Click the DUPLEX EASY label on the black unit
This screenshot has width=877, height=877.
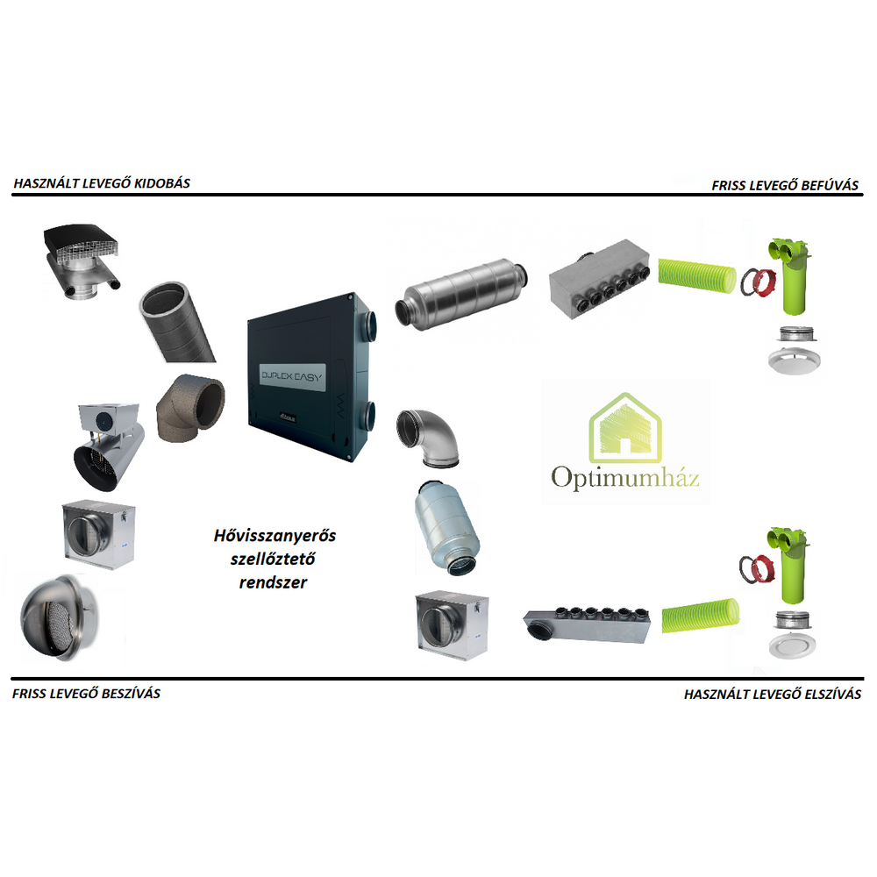[x=293, y=376]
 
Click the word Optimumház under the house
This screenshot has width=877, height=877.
[x=624, y=478]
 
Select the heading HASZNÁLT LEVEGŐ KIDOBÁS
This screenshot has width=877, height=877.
[x=102, y=183]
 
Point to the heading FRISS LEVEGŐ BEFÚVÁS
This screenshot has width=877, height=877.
[x=785, y=185]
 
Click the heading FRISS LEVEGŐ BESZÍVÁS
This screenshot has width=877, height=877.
[x=86, y=694]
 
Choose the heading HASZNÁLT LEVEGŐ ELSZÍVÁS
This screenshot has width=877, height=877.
[x=773, y=694]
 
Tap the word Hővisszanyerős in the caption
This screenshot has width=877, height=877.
[x=275, y=536]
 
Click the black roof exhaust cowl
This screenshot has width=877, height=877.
[x=82, y=261]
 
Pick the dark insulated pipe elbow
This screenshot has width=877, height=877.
[x=189, y=407]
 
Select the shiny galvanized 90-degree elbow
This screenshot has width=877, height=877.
[x=428, y=438]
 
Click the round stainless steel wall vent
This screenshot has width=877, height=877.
[x=60, y=617]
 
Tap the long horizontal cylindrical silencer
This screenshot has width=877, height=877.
[x=461, y=294]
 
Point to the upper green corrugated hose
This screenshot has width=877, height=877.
[x=697, y=275]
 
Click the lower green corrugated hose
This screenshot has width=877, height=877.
[x=700, y=616]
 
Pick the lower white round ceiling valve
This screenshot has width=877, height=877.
[x=793, y=645]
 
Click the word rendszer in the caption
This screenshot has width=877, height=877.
[x=273, y=583]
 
